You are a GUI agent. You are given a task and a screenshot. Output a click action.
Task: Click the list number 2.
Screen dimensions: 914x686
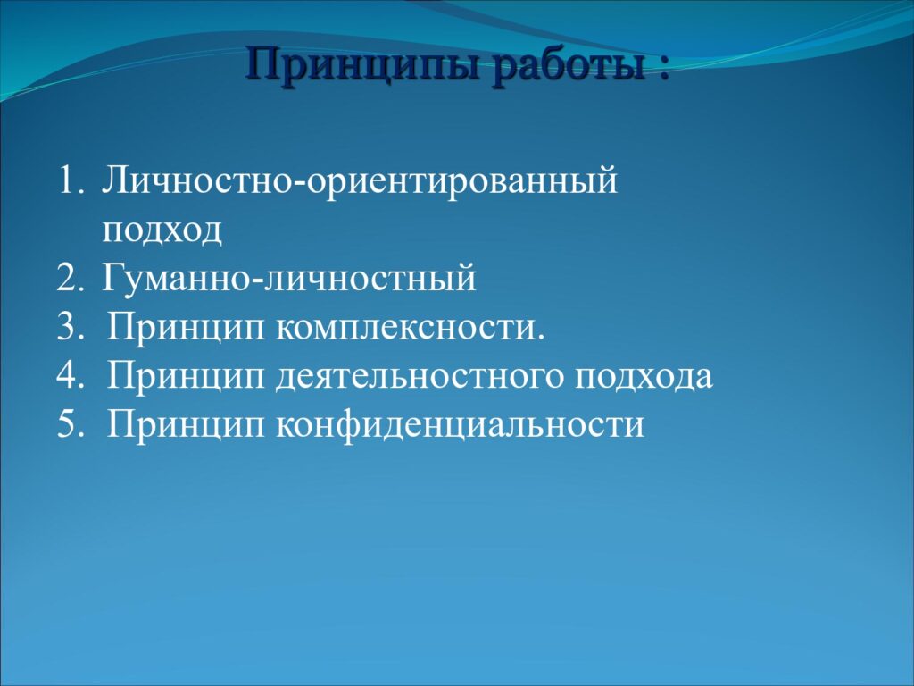(71, 278)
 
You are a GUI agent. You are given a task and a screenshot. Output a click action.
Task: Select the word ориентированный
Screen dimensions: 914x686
(461, 183)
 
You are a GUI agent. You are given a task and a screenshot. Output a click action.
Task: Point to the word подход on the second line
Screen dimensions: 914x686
(162, 231)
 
